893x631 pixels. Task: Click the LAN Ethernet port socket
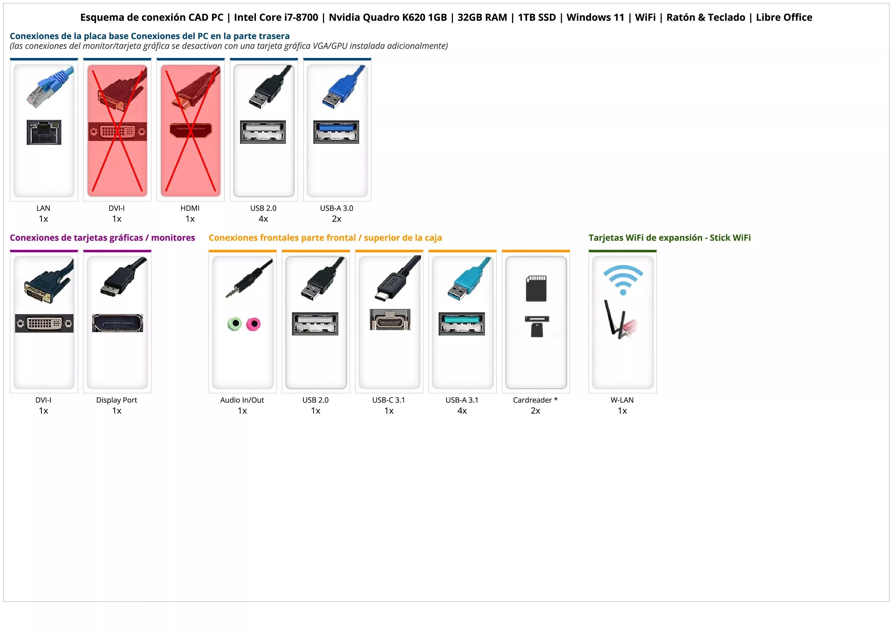point(44,132)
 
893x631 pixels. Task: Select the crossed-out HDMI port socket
point(191,130)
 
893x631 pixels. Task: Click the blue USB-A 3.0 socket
point(336,132)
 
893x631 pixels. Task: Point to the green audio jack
point(234,324)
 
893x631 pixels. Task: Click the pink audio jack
point(254,324)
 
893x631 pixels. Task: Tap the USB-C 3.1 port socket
point(390,320)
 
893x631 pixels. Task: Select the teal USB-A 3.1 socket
point(462,324)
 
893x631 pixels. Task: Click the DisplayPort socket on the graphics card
point(117,323)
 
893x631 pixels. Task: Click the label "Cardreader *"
point(535,400)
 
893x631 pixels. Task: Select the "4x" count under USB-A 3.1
point(462,411)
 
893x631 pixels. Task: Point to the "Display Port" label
point(117,400)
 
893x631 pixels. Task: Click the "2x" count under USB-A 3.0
point(337,219)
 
